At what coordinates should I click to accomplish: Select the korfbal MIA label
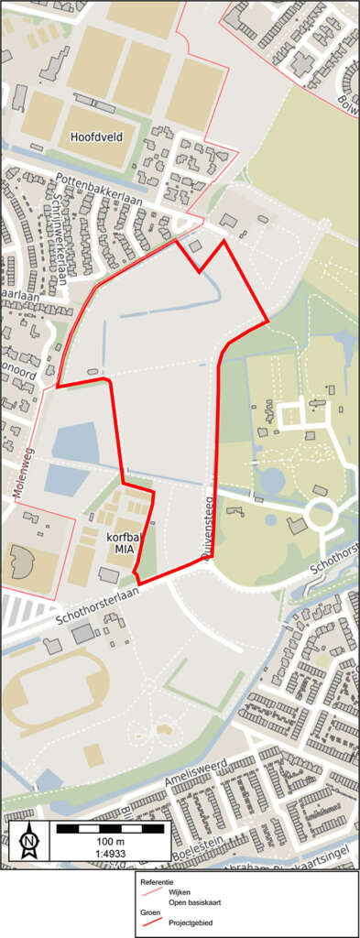pyautogui.click(x=124, y=541)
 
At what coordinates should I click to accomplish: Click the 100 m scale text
pyautogui.click(x=109, y=842)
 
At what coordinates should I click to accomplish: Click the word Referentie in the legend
pyautogui.click(x=157, y=881)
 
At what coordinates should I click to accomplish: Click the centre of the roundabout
pyautogui.click(x=322, y=514)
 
